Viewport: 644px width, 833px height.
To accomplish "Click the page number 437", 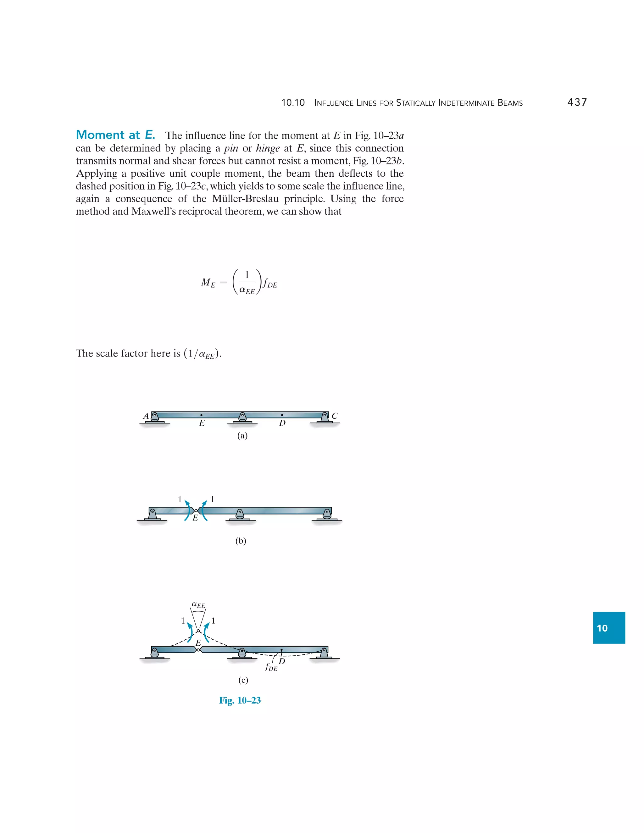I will (x=577, y=102).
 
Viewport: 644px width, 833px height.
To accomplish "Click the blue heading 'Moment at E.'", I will (x=115, y=135).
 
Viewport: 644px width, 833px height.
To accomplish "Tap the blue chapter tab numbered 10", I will (x=608, y=628).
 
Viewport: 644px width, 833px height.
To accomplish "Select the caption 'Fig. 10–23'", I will (x=240, y=700).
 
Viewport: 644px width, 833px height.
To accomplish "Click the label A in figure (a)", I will (x=146, y=416).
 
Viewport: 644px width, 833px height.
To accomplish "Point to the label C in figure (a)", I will (x=335, y=416).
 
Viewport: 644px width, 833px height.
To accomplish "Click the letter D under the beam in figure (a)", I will (x=282, y=423).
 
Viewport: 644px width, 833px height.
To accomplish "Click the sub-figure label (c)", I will (x=243, y=680).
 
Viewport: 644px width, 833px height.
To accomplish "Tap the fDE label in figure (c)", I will (x=271, y=667).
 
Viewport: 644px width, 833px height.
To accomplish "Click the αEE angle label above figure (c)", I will (x=198, y=605).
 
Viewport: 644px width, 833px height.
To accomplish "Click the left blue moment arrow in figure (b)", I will (x=187, y=510).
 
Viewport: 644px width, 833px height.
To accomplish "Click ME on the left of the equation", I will (x=208, y=283).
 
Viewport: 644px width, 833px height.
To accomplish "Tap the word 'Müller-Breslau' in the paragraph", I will (x=245, y=199).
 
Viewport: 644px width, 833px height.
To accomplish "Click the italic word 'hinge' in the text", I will (x=268, y=148).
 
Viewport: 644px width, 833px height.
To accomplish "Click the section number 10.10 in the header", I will (x=293, y=102).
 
